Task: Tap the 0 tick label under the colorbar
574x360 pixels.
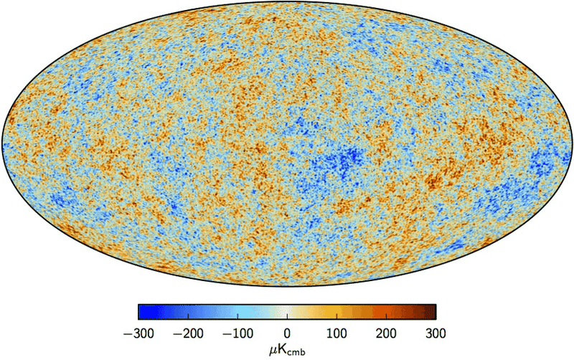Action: click(x=287, y=333)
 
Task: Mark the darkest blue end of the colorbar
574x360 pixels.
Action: click(x=140, y=311)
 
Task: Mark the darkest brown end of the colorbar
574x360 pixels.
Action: click(x=434, y=311)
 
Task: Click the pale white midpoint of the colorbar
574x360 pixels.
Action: click(x=287, y=311)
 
